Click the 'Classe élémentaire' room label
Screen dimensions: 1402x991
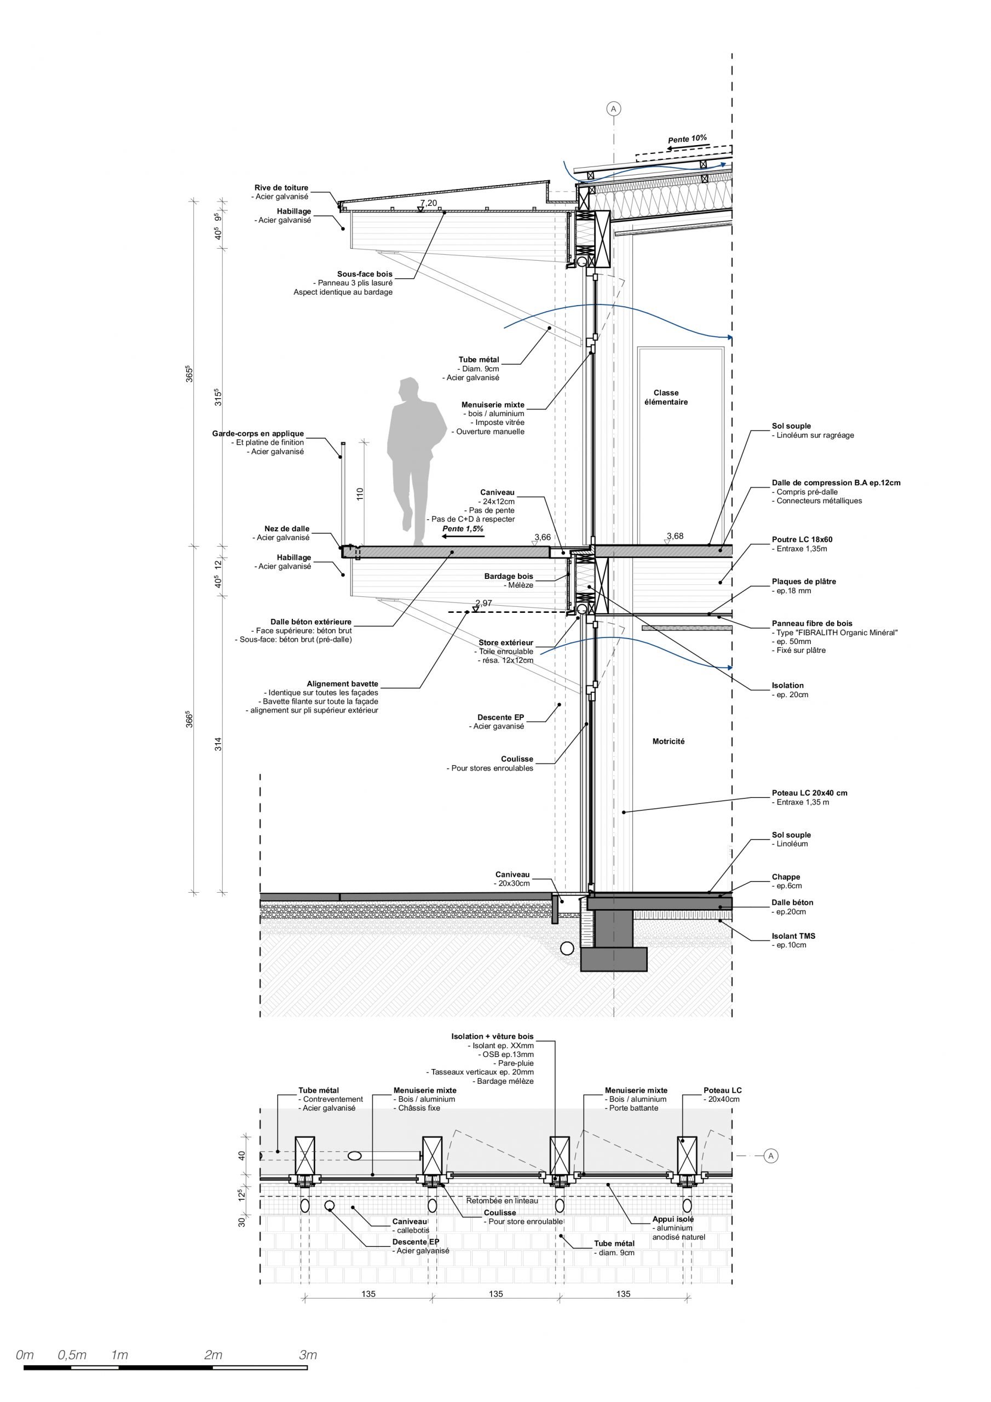[666, 398]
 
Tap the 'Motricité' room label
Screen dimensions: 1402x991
[668, 742]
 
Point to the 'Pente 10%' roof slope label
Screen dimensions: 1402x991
[687, 139]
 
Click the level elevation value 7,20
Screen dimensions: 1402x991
[428, 203]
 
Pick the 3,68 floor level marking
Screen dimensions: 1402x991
[675, 536]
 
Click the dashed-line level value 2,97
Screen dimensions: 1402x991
[483, 604]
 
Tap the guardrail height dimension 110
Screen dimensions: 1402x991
[360, 493]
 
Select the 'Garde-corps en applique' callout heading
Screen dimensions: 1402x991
[258, 434]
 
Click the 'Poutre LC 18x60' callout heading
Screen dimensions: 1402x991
[802, 540]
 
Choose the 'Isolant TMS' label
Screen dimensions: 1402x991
[793, 935]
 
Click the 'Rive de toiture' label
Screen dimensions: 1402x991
[281, 188]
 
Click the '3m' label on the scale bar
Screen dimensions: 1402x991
[308, 1355]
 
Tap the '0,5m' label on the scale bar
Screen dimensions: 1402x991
[72, 1355]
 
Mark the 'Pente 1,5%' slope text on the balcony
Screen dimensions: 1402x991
[462, 529]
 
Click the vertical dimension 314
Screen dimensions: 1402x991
[218, 744]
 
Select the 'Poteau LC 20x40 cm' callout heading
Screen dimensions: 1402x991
[809, 793]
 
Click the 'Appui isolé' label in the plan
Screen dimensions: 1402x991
[673, 1220]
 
